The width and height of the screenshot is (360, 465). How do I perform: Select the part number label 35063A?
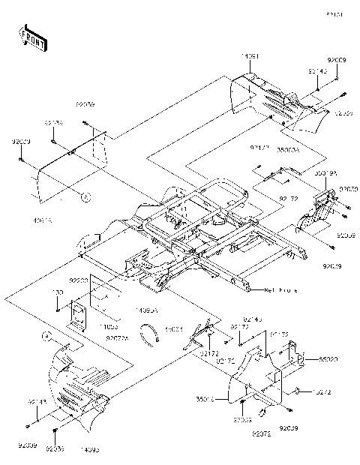click(288, 149)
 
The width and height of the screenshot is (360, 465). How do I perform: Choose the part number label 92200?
click(79, 279)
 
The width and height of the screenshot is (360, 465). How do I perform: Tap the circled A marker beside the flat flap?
click(86, 197)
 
